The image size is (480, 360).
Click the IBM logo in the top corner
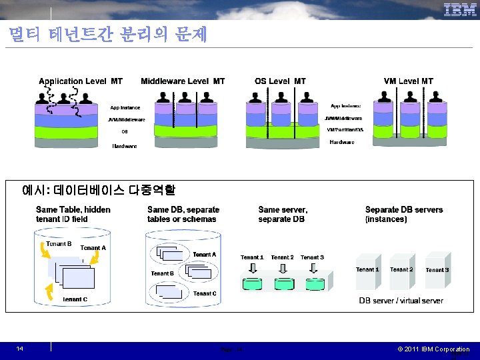tap(460, 10)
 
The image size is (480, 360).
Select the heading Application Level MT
tap(81, 81)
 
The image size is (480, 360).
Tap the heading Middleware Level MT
tap(183, 81)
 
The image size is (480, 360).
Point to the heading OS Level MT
tap(280, 81)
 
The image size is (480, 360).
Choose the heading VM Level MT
tap(408, 81)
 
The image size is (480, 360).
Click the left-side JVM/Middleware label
tap(127, 119)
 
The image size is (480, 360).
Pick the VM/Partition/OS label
tap(345, 129)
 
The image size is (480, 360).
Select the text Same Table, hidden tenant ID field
tap(73, 214)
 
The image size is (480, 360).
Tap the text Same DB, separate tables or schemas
tap(183, 214)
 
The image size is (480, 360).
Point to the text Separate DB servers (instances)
tap(403, 214)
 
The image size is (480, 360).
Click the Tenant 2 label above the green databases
tap(282, 257)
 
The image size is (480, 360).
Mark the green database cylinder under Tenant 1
tap(253, 283)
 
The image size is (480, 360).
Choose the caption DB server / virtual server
tap(401, 301)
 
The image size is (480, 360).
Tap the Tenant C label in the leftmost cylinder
tap(75, 300)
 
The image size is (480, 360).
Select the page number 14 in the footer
tap(20, 349)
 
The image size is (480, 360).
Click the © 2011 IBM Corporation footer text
tap(433, 349)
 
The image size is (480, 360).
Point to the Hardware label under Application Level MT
tap(125, 146)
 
